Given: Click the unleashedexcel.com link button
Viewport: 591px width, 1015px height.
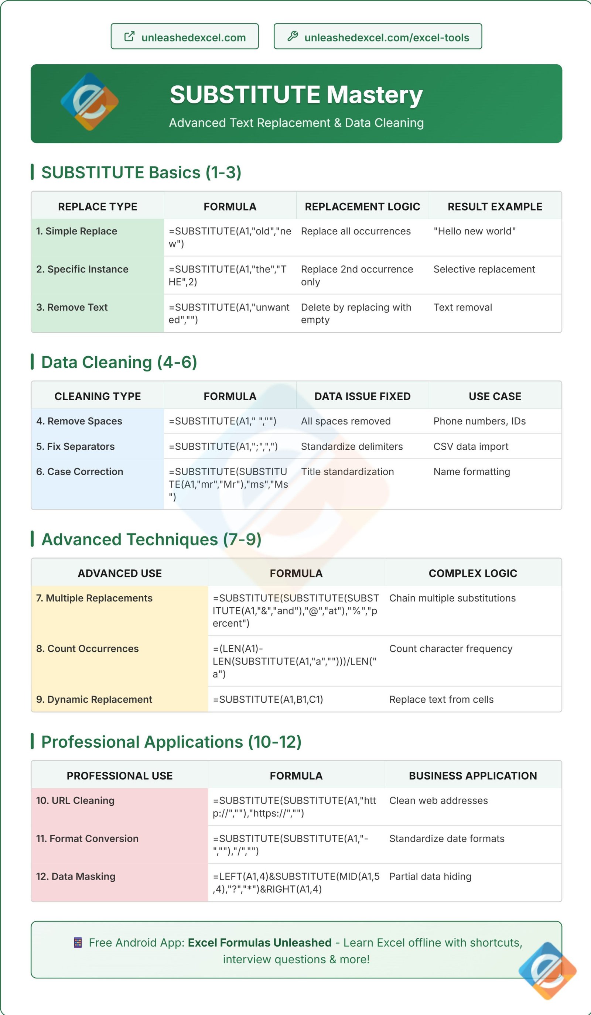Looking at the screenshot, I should click(x=185, y=37).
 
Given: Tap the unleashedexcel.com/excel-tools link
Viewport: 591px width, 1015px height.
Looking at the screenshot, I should click(x=378, y=37).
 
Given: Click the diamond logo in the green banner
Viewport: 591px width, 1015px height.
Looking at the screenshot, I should click(x=89, y=102).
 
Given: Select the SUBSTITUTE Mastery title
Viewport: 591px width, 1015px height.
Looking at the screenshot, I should click(x=296, y=95).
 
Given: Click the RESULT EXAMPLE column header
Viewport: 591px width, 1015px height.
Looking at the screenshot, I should click(x=495, y=207).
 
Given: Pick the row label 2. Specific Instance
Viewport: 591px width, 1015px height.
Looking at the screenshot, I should click(x=82, y=269).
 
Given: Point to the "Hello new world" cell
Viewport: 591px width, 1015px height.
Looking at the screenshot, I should click(x=474, y=231).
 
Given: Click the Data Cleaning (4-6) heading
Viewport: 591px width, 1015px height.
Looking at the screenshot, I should click(x=119, y=362).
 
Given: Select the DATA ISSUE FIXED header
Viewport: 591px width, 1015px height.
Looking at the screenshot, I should click(x=362, y=396).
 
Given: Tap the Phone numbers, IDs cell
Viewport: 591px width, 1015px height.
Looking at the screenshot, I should click(x=479, y=421).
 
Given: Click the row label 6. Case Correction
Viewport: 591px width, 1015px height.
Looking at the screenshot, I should click(x=80, y=472).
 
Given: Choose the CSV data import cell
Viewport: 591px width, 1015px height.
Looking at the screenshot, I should click(x=471, y=446).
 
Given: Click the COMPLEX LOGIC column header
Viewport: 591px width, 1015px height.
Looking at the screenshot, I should click(x=472, y=573).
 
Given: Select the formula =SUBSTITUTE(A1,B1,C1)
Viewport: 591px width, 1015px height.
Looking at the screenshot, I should click(x=268, y=699).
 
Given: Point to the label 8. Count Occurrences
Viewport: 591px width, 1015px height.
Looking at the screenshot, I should click(x=88, y=648).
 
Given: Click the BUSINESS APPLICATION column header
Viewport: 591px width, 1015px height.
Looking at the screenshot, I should click(x=472, y=776).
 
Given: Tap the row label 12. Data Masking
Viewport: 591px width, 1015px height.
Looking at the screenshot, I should click(x=76, y=877).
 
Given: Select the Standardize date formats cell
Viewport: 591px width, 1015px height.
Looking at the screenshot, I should click(x=446, y=839).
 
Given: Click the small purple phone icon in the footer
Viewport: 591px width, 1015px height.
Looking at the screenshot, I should click(x=78, y=943).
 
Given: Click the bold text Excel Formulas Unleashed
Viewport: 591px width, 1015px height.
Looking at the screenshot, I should click(x=259, y=943).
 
